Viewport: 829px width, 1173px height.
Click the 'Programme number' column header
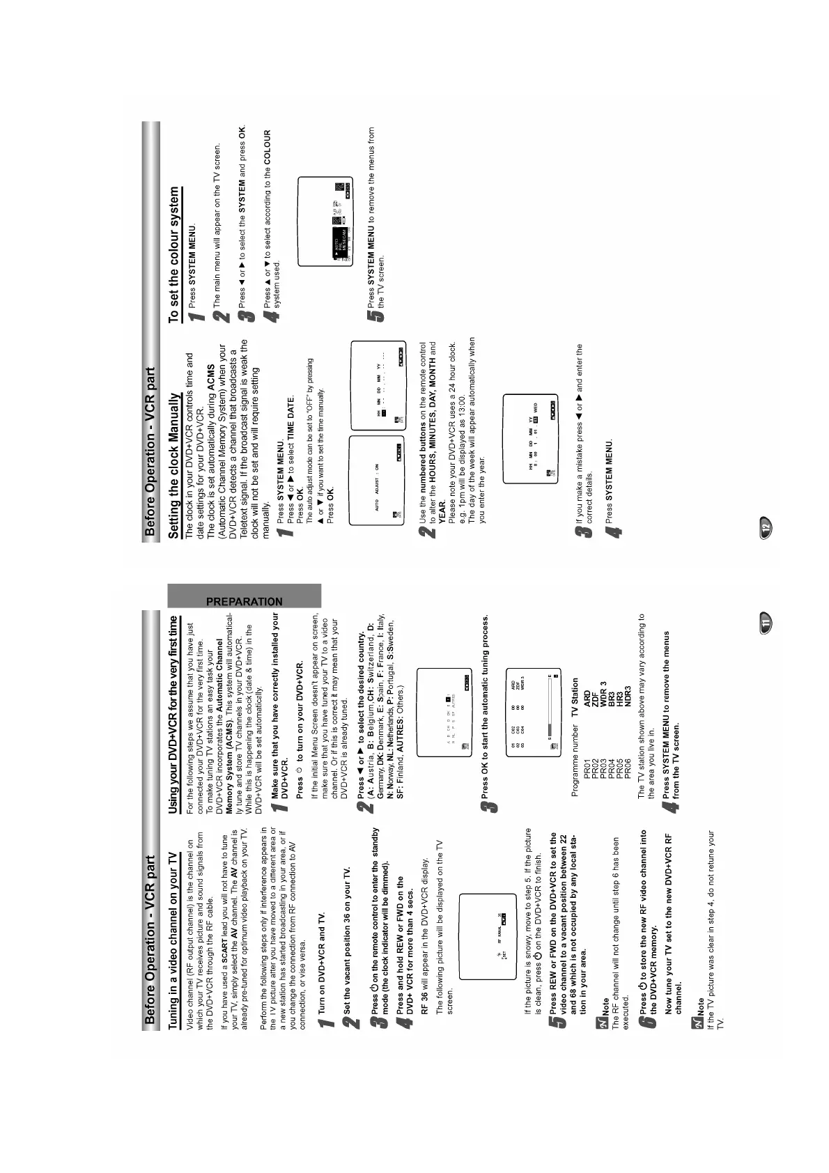(575, 763)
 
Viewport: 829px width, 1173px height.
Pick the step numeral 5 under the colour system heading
(375, 315)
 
